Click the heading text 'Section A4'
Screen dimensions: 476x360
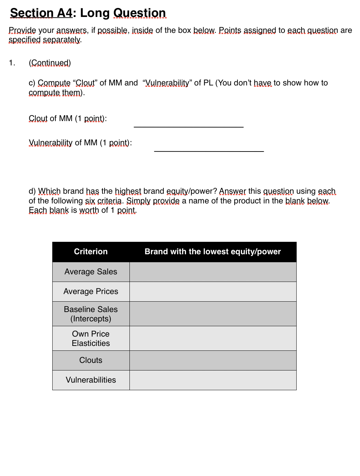click(41, 13)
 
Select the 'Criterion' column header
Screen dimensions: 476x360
click(91, 251)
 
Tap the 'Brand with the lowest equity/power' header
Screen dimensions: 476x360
click(213, 251)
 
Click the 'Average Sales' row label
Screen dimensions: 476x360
click(91, 272)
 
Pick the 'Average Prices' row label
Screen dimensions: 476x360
click(91, 291)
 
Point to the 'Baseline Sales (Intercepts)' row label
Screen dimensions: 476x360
click(91, 314)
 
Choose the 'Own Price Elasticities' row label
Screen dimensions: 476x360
click(91, 338)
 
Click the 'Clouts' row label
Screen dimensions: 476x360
click(91, 360)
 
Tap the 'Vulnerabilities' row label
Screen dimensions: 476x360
click(91, 380)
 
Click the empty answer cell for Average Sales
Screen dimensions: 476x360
click(213, 272)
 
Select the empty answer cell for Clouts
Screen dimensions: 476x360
click(213, 360)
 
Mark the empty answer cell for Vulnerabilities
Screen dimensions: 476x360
click(213, 380)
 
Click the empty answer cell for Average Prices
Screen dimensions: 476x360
click(213, 291)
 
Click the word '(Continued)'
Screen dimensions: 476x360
click(50, 63)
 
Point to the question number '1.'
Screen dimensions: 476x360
click(12, 63)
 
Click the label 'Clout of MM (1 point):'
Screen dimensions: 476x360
click(67, 118)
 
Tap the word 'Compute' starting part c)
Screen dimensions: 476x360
click(54, 83)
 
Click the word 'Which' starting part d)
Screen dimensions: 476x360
click(49, 191)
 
